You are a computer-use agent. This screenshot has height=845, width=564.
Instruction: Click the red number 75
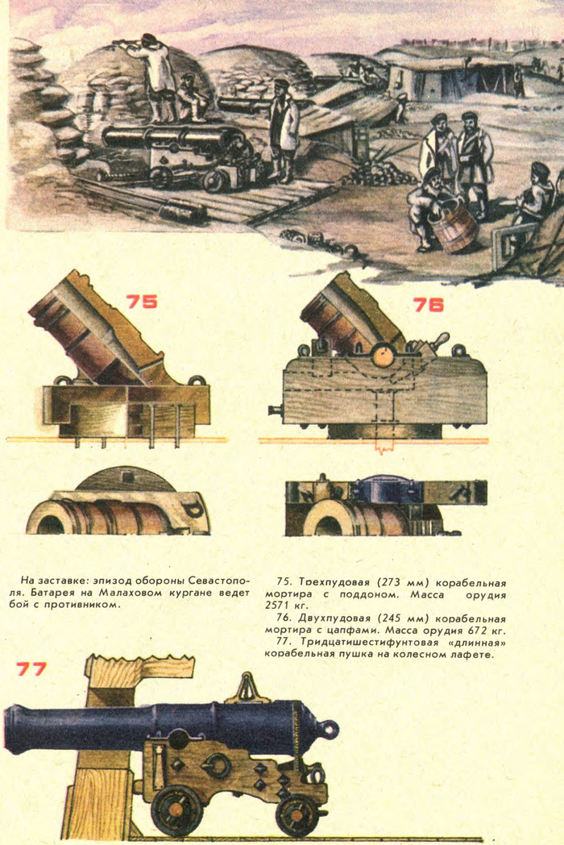142,302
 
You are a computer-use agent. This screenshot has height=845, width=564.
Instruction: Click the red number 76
429,305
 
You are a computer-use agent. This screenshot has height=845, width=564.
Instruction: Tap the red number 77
31,668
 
